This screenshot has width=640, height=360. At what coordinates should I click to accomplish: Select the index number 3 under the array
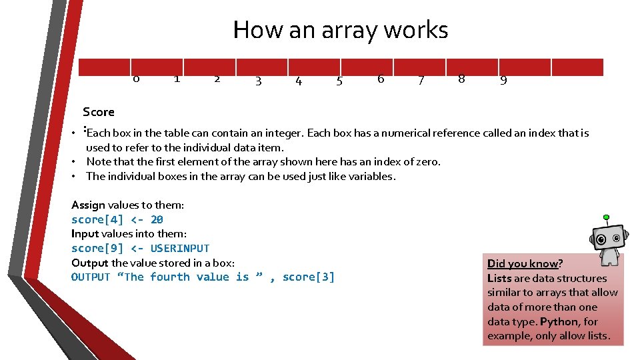point(258,81)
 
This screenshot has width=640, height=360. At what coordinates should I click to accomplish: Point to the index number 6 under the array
point(381,79)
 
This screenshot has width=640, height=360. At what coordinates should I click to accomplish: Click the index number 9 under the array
point(503,81)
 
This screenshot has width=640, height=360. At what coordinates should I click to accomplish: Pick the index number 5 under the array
point(339,81)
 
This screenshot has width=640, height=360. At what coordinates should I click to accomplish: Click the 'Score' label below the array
point(99,112)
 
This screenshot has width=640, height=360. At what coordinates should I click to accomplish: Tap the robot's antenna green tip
point(605,217)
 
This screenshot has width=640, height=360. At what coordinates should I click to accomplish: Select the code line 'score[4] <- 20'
point(117,219)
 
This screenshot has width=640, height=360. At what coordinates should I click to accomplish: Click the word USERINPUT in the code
point(180,248)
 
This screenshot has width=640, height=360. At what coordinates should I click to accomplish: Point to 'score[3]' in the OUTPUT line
point(308,277)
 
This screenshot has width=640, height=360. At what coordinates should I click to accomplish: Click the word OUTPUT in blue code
point(91,277)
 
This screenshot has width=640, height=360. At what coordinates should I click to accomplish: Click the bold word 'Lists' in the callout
point(500,278)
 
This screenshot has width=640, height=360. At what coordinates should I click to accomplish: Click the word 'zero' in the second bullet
point(427,161)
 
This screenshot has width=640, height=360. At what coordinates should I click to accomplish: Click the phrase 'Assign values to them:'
point(127,205)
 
